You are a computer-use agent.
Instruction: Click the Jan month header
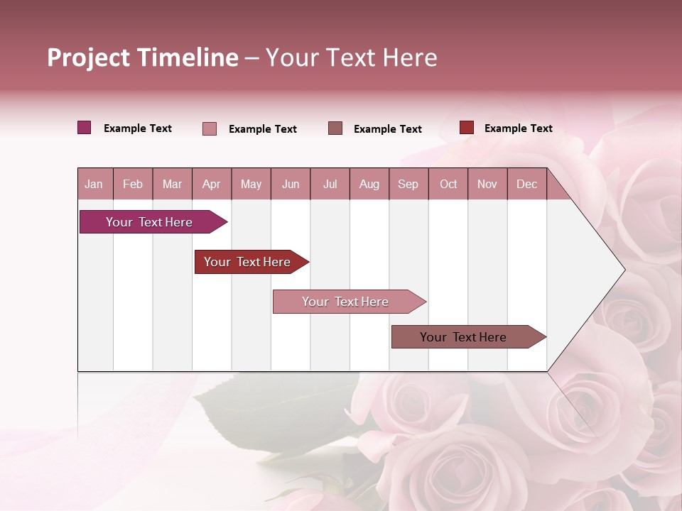(x=94, y=184)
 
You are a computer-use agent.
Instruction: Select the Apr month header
(x=211, y=184)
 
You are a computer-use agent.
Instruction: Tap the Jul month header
(x=330, y=184)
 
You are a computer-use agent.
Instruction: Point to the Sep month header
(x=408, y=184)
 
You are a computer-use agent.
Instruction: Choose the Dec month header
(x=526, y=184)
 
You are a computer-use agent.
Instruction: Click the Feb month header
(x=133, y=184)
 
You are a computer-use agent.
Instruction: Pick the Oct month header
(x=448, y=184)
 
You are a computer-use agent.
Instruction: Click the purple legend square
(x=84, y=128)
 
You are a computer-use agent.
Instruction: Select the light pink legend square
(x=210, y=128)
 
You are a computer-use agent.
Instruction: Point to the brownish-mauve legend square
(x=335, y=128)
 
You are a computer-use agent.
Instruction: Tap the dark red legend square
(x=466, y=128)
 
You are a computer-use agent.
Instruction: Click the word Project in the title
(x=89, y=57)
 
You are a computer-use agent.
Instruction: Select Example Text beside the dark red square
(x=518, y=128)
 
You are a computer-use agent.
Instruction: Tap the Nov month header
(x=487, y=184)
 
